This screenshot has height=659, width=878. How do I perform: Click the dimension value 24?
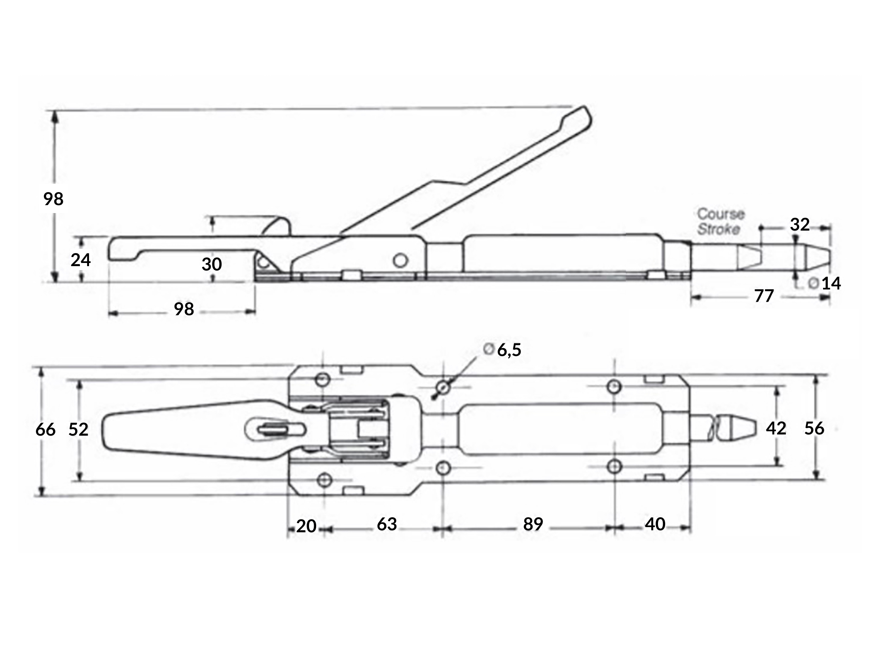pyautogui.click(x=81, y=260)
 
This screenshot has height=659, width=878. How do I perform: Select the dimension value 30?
pyautogui.click(x=212, y=265)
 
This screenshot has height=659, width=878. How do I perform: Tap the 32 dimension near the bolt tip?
pyautogui.click(x=800, y=225)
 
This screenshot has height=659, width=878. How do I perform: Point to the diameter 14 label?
pyautogui.click(x=825, y=284)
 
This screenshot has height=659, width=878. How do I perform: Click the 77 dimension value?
pyautogui.click(x=764, y=296)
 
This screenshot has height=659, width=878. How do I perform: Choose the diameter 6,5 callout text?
pyautogui.click(x=503, y=350)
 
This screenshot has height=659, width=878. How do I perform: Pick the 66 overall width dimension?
pyautogui.click(x=45, y=430)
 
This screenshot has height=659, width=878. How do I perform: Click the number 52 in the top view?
pyautogui.click(x=78, y=430)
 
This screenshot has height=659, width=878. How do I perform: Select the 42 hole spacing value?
pyautogui.click(x=776, y=429)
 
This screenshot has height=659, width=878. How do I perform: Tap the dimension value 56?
pyautogui.click(x=814, y=429)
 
